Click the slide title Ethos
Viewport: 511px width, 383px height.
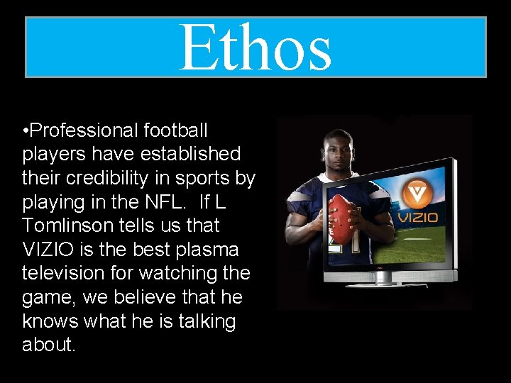pos(255,48)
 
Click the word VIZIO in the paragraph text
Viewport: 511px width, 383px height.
pos(48,250)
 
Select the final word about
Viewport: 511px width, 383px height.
pos(48,345)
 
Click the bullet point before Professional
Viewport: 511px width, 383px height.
pos(26,131)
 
